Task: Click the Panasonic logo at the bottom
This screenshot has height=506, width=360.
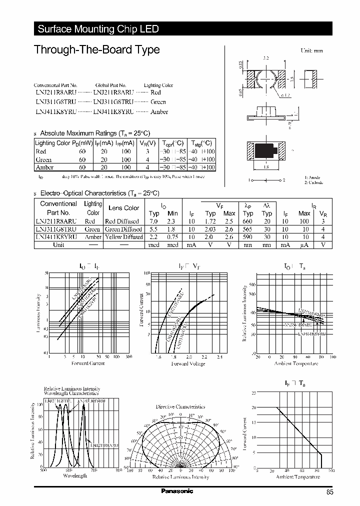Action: [x=177, y=491]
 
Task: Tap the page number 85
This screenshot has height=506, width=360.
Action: [x=329, y=492]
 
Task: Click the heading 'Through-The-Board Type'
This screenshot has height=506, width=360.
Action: [x=96, y=50]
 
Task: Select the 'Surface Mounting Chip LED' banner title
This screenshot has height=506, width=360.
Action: [x=98, y=29]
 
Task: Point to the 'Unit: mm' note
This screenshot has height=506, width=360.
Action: [x=311, y=51]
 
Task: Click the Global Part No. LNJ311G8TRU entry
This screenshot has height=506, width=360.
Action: [x=113, y=102]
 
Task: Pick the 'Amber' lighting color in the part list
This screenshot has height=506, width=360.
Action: [x=159, y=112]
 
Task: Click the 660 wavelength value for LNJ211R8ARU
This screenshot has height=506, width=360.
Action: [x=247, y=220]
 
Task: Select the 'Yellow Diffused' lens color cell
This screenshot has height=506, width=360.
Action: [x=123, y=237]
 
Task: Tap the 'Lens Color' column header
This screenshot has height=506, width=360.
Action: [x=123, y=208]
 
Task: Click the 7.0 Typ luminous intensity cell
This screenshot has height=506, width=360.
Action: [x=154, y=220]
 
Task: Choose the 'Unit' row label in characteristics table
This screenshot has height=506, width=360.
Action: [x=58, y=245]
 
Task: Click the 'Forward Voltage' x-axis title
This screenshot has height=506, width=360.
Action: [x=188, y=363]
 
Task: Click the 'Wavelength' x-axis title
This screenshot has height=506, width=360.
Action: [x=75, y=475]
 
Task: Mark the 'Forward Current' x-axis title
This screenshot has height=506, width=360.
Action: [x=88, y=363]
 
